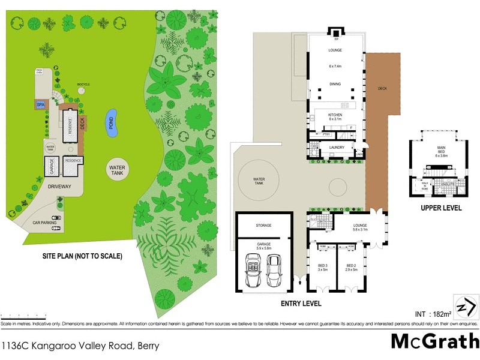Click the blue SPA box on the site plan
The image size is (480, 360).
click(41, 104)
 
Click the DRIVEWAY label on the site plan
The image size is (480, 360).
click(56, 187)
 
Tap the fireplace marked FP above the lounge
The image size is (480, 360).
click(335, 33)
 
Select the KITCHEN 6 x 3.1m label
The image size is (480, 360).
click(335, 116)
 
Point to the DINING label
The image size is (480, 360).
click(335, 84)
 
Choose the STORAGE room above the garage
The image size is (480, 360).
click(263, 225)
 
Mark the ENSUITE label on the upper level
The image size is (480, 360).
click(448, 184)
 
